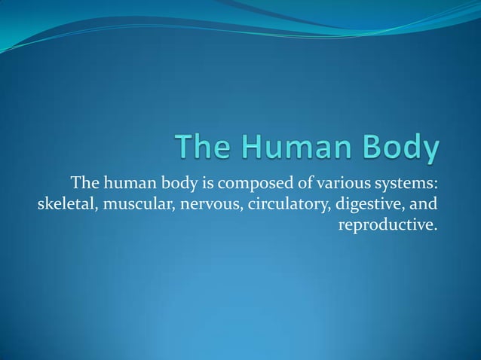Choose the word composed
(258, 183)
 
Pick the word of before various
(304, 183)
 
